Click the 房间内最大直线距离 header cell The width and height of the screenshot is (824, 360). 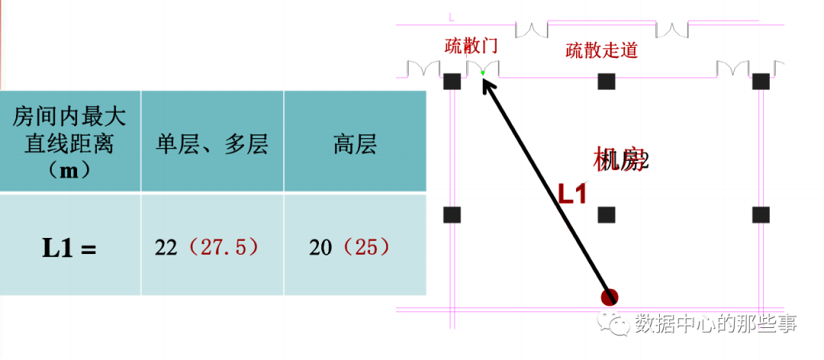[x=69, y=141]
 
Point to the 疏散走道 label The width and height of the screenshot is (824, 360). [x=601, y=51]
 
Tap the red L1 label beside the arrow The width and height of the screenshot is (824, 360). [x=571, y=194]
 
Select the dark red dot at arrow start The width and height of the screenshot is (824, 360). [x=609, y=297]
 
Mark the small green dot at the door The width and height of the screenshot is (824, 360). [x=483, y=73]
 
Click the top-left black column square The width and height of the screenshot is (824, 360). [x=452, y=82]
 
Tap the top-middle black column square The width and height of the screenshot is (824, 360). [x=607, y=82]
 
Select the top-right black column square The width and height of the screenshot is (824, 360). [x=761, y=82]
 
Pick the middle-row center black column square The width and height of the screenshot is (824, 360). [x=607, y=215]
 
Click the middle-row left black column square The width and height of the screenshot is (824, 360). [x=452, y=215]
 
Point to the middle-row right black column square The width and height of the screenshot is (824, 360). [x=761, y=215]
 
